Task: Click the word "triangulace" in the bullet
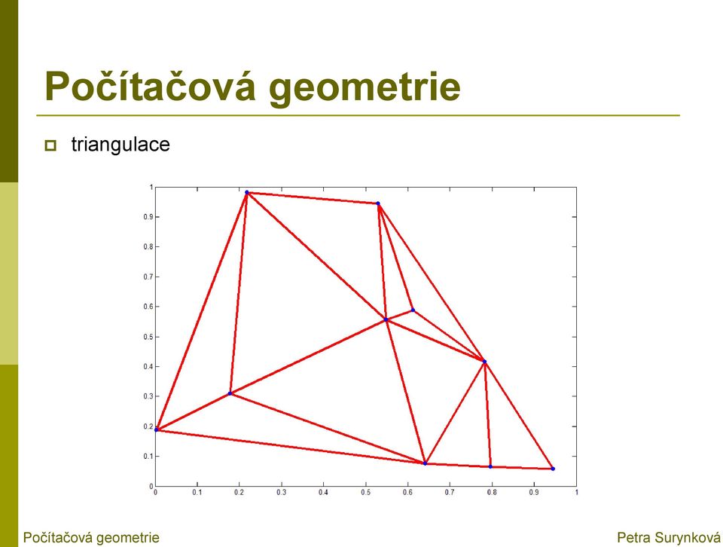point(120,145)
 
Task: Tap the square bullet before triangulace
point(50,145)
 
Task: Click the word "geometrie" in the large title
point(365,88)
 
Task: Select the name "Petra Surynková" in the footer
point(668,537)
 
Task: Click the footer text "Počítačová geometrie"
point(91,537)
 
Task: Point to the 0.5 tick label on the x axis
point(366,493)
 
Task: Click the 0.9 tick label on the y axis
point(148,217)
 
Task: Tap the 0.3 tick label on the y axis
point(148,396)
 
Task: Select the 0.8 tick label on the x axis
point(492,493)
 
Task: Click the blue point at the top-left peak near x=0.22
point(247,192)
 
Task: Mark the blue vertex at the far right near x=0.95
point(553,469)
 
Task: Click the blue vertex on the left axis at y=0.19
point(156,430)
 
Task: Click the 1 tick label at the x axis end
point(576,493)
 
